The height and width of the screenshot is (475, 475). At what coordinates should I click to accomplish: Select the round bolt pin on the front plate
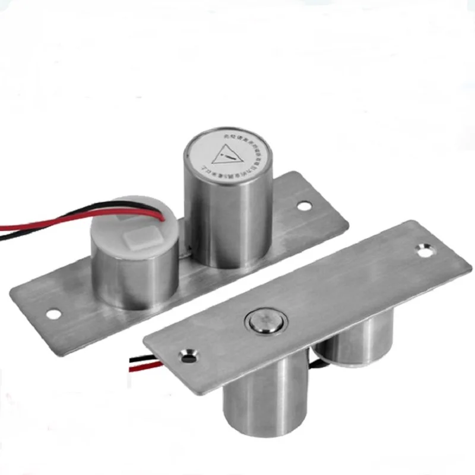(x=262, y=324)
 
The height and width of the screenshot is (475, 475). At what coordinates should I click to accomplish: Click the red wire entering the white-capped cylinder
(x=47, y=224)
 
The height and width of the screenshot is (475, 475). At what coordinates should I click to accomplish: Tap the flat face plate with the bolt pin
(x=332, y=297)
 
